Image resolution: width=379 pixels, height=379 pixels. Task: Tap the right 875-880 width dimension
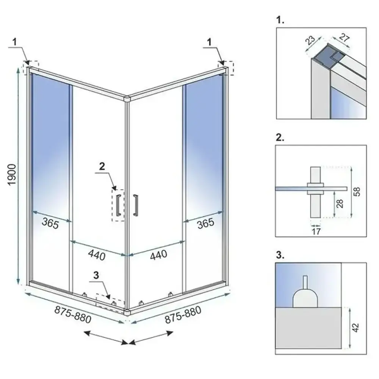(183, 314)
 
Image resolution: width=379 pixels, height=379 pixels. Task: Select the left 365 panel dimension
(50, 224)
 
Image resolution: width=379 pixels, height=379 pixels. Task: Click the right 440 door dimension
(158, 254)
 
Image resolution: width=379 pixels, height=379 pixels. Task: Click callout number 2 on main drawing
(101, 166)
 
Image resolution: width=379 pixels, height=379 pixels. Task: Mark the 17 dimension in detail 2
(315, 231)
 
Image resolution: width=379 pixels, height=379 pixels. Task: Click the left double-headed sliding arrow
(105, 337)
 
